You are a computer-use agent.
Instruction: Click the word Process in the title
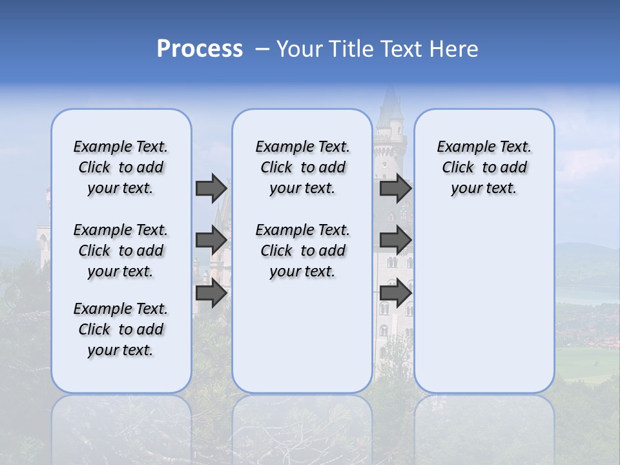(200, 48)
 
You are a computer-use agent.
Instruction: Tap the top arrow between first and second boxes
(211, 188)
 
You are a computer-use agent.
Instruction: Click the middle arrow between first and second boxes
(211, 240)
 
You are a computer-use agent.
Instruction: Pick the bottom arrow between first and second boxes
(211, 293)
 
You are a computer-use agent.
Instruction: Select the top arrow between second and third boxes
(395, 188)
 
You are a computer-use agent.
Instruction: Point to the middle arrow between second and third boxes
(395, 240)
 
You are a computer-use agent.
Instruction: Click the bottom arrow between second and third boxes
(395, 293)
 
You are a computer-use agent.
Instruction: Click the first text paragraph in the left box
(121, 167)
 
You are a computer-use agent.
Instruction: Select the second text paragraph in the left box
(121, 251)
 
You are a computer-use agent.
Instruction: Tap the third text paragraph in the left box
(121, 329)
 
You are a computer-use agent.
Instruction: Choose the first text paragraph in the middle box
(302, 167)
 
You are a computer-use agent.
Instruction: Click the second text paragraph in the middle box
(302, 251)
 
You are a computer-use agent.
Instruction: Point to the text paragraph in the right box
(484, 167)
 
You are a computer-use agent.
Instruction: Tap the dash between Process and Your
(262, 49)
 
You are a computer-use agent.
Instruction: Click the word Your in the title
(299, 49)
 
